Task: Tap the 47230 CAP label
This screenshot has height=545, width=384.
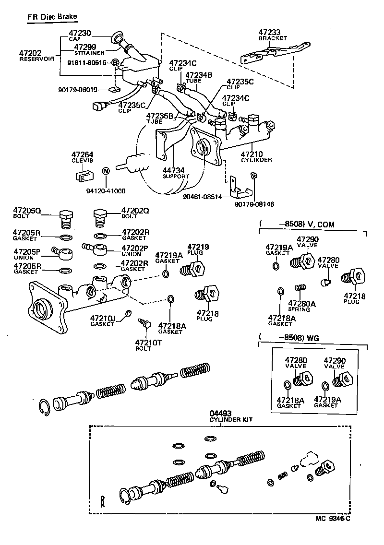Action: click(x=80, y=36)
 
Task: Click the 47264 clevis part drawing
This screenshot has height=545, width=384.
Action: click(x=84, y=176)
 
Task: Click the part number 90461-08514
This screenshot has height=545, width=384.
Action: click(x=203, y=196)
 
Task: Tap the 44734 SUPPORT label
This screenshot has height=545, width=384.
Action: click(x=175, y=173)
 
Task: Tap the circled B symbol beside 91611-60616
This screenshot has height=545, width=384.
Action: click(x=115, y=63)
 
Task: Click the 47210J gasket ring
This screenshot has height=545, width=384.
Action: click(x=128, y=314)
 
